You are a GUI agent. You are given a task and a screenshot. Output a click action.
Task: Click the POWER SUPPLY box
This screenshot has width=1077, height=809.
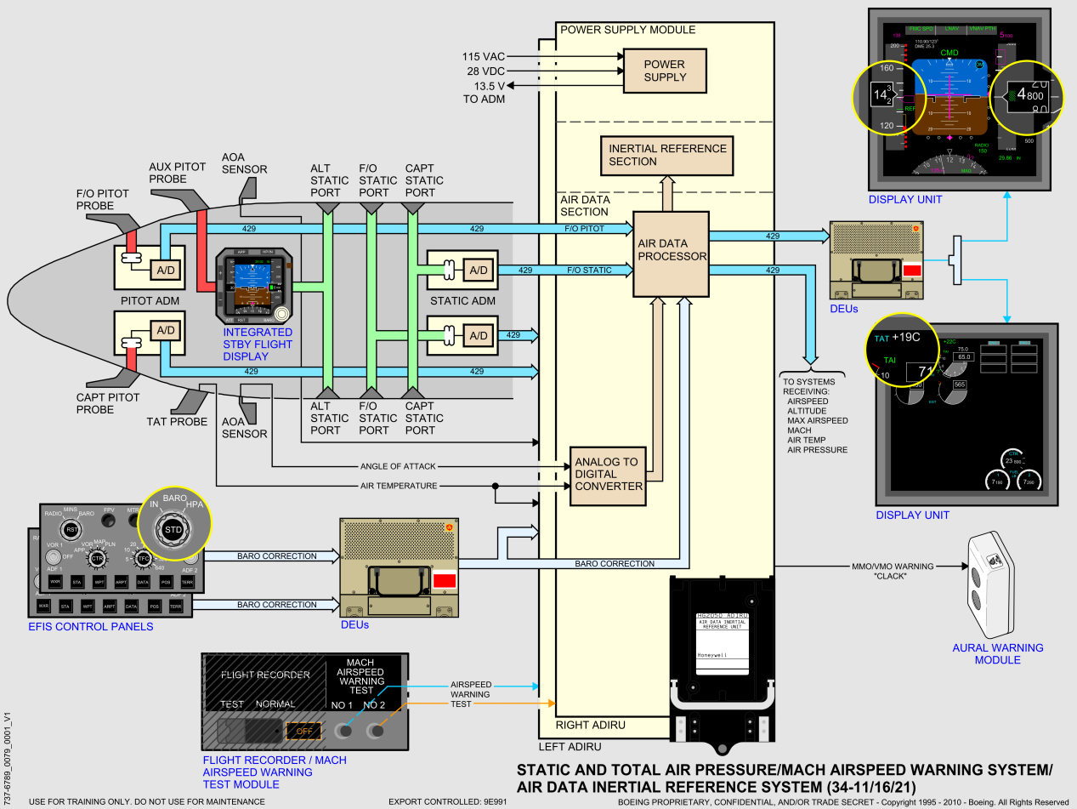(665, 71)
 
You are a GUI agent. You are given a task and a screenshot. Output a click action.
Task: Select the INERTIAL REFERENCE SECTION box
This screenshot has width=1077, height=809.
(667, 155)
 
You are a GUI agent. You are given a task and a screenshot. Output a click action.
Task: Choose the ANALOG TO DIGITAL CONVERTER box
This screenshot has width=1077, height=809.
(607, 475)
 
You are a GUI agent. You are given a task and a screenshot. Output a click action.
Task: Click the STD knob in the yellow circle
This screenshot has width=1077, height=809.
(173, 530)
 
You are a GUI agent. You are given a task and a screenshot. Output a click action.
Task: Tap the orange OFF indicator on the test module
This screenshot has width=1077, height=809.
(302, 731)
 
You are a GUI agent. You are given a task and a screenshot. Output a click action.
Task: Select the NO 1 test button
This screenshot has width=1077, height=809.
(343, 731)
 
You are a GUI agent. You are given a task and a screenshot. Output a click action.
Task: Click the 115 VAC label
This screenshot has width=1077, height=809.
(484, 56)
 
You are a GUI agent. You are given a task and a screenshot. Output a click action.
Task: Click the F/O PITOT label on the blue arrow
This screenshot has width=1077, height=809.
(585, 229)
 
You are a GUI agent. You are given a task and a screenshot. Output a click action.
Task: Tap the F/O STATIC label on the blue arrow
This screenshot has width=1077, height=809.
(590, 271)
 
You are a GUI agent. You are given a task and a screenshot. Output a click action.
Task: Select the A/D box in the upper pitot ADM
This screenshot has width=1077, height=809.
(164, 270)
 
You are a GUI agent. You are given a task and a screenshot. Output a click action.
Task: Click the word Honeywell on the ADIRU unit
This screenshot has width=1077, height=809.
(713, 655)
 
